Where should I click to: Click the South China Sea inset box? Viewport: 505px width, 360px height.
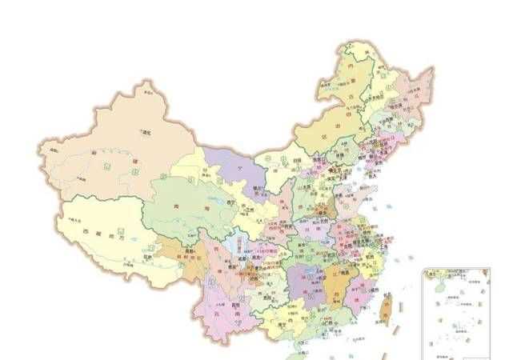tap(455, 312)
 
